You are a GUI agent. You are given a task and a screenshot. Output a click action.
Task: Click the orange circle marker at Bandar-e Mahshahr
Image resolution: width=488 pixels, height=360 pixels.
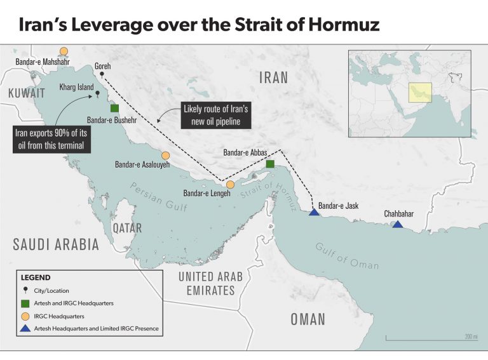coord(64,51)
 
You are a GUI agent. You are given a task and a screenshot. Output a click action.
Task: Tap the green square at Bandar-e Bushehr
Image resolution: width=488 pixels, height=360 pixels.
coord(114,108)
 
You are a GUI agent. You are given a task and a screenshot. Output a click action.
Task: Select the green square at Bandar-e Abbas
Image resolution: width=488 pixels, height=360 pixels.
coord(270,164)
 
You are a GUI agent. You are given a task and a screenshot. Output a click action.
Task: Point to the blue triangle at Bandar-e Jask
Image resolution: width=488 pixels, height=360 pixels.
coord(313,212)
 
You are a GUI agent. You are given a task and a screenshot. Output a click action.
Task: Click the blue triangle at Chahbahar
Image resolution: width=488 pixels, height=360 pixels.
coord(397,225)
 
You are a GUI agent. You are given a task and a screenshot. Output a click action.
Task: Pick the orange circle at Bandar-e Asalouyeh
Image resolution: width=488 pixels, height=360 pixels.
coord(165,156)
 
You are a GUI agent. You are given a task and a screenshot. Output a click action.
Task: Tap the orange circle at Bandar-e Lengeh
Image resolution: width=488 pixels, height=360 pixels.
coord(230,185)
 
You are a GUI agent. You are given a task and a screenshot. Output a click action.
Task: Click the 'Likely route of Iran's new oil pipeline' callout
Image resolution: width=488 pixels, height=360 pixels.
coord(215,115)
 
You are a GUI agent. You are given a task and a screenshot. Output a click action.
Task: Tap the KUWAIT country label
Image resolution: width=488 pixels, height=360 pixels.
coord(27,93)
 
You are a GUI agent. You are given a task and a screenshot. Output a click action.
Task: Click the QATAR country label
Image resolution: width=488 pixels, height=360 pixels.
coord(126,227)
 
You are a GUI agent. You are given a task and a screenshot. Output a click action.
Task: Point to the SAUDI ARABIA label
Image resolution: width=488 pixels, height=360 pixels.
coord(56,244)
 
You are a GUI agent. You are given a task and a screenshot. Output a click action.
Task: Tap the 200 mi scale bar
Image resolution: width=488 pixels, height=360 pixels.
coord(431,340)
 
